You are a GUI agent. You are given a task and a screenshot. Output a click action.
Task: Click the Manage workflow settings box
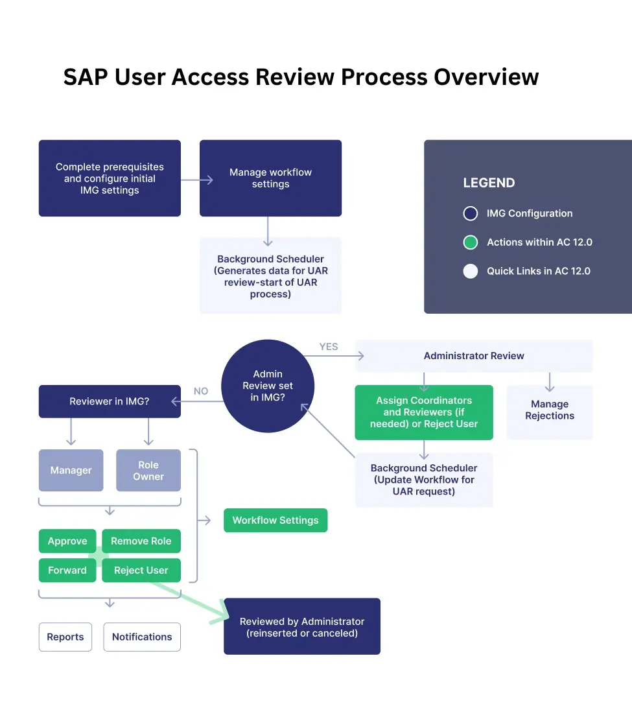(270, 178)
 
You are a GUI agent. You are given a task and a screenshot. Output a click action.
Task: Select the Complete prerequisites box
(110, 178)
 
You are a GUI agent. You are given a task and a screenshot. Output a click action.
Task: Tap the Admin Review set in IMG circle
(268, 385)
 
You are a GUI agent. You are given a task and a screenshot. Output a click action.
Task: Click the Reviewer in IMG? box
(110, 401)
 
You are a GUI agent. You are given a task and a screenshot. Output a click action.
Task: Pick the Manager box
(71, 470)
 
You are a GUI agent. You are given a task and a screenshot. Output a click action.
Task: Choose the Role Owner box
(148, 470)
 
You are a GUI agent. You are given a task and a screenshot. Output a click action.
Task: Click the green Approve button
(67, 541)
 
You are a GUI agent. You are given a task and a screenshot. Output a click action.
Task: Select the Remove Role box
(141, 541)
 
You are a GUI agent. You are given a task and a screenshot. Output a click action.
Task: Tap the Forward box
(67, 570)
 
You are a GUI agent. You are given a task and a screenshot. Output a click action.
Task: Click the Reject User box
(141, 570)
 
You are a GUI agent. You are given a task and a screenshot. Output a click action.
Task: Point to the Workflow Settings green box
(275, 520)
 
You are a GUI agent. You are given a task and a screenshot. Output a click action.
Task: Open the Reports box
(65, 637)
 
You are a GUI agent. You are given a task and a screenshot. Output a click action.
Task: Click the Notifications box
(142, 637)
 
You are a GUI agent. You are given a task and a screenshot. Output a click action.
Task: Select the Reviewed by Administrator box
(302, 626)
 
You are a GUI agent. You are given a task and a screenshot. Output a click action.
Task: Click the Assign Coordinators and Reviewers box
(424, 412)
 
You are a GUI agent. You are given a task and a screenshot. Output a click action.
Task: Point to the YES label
(329, 347)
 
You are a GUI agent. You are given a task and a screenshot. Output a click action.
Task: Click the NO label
(201, 392)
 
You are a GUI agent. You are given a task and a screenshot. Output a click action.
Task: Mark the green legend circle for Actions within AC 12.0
(471, 242)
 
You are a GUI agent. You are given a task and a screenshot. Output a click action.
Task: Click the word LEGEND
(489, 183)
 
